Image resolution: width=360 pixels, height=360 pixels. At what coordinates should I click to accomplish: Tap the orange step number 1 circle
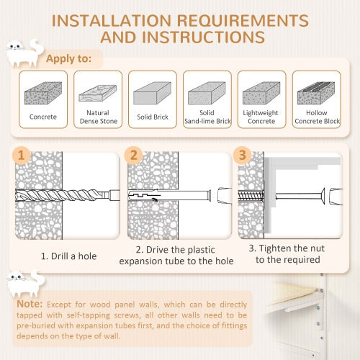(22, 155)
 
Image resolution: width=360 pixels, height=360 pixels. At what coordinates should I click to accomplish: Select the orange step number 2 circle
(132, 155)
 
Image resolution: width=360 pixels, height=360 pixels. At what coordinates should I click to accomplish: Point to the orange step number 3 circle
(243, 155)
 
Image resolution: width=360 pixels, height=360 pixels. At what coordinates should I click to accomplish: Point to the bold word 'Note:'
(30, 305)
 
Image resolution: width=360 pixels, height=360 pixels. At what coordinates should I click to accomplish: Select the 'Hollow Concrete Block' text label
(317, 117)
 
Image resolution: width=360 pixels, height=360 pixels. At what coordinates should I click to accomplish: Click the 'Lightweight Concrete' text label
(262, 117)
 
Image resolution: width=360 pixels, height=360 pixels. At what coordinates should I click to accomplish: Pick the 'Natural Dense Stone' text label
(97, 117)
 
